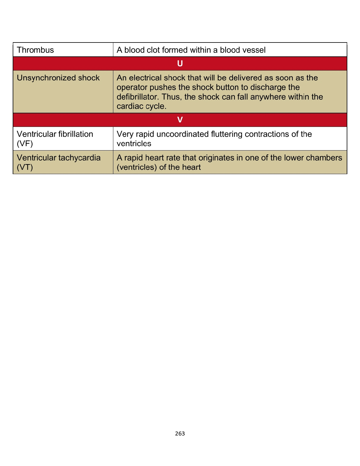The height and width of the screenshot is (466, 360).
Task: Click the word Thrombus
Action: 35,50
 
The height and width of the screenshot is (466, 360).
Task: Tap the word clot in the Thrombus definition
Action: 153,50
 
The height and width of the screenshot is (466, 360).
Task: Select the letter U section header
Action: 180,63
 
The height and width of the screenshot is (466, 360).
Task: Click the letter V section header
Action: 180,120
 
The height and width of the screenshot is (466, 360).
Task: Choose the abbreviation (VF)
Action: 25,144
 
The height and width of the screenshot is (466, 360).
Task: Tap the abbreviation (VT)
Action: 25,167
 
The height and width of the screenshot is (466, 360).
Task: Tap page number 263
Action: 180,434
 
